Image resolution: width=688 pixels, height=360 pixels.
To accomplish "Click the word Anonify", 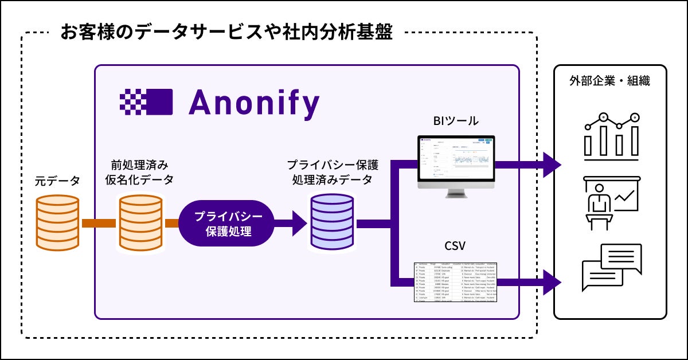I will point(253,103).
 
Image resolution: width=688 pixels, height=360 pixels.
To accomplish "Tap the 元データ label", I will point(57,181).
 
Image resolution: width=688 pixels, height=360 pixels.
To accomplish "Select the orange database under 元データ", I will point(57,223).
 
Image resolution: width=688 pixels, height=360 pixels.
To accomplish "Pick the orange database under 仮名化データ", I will point(140,223).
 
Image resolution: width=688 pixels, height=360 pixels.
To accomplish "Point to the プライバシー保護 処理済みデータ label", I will point(332,172).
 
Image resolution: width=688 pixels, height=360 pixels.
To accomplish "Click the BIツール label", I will point(455,121).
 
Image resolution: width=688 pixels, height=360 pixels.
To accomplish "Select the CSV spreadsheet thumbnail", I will point(455,282).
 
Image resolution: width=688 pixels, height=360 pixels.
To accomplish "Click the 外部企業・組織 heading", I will point(609,81).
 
